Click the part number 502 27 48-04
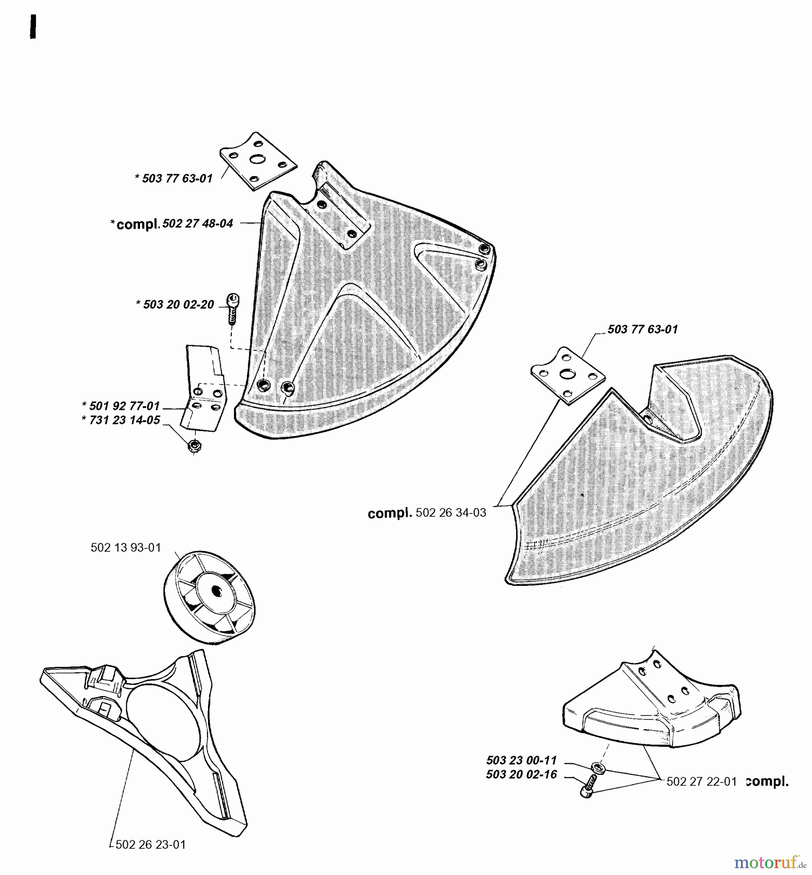pos(197,224)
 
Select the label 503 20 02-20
pos(178,305)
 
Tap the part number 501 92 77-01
pos(124,406)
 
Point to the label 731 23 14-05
pos(124,420)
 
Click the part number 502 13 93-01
pos(125,547)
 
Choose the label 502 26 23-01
pos(151,844)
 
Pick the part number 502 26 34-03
pos(450,513)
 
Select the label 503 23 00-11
pos(521,760)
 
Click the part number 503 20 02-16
pos(521,774)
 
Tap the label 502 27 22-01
pos(701,781)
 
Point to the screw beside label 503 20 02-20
pos(233,307)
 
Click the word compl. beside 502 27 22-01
pos(767,781)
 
